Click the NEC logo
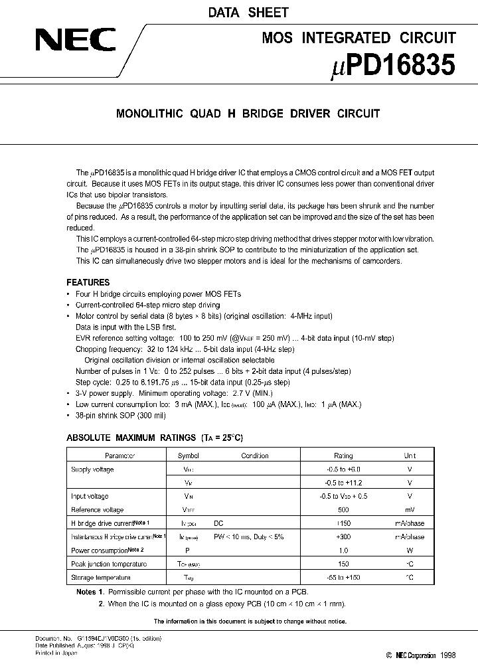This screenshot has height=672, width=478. [75, 42]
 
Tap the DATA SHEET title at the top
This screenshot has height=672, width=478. [238, 12]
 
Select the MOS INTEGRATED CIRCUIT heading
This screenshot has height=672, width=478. [359, 38]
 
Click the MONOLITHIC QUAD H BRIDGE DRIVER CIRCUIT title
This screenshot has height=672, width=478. [248, 114]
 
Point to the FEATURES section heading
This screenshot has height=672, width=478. [88, 282]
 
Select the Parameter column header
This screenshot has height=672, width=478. [119, 456]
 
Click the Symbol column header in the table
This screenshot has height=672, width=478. [188, 456]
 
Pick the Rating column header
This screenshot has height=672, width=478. [343, 456]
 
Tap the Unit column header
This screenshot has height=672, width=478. [410, 456]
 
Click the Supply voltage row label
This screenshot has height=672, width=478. [92, 469]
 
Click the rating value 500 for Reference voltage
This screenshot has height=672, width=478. [343, 510]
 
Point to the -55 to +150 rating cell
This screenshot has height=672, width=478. [343, 578]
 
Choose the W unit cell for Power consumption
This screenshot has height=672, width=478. [410, 550]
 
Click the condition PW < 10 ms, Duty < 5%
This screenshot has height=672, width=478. [248, 537]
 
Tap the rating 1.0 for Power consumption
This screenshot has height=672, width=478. [343, 550]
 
